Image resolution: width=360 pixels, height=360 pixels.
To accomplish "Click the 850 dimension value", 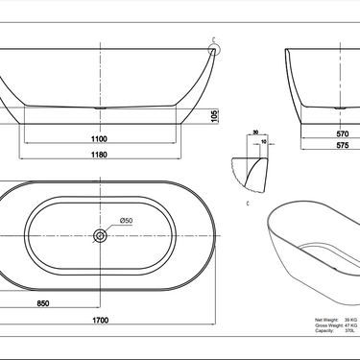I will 42,304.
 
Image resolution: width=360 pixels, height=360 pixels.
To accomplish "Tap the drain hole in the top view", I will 99,234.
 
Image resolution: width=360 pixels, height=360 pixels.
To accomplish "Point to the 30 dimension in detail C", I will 256,134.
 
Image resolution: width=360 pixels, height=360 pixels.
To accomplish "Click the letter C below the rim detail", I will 249,204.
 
